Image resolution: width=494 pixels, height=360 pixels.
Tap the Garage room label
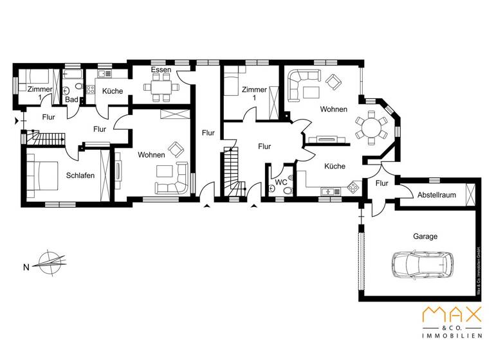coord(425,237)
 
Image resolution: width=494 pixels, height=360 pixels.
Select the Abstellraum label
coord(435,195)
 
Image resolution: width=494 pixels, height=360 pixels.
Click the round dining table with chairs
coord(371,126)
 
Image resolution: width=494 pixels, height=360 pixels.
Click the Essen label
coord(160,69)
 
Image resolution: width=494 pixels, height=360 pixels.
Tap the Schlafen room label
coord(80,175)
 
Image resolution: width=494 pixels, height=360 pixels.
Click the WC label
coord(281,183)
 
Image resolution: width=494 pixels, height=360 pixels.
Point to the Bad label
coord(71,100)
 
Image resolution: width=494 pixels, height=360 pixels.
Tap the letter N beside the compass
coord(26,267)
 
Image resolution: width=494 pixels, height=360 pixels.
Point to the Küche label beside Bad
coord(113,91)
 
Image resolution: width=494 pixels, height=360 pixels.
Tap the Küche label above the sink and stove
coord(334,166)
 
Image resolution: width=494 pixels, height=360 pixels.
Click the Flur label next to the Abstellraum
coord(382,184)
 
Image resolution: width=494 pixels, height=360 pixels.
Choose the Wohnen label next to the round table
coord(334,109)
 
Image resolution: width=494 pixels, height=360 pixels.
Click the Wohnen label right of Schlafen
coord(151,155)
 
